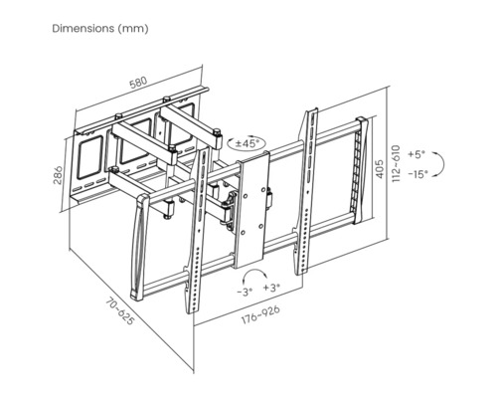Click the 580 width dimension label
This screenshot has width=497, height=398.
137,83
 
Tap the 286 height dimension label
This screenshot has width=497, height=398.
58,175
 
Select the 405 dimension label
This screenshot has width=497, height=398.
380,169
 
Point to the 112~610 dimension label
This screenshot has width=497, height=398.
396,163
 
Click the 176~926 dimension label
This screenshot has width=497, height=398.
260,314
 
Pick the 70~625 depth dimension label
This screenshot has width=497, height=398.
120,311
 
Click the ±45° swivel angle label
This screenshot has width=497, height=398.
246,143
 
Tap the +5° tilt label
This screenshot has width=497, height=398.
416,154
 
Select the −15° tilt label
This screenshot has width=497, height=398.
417,174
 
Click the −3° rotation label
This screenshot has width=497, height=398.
245,292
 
